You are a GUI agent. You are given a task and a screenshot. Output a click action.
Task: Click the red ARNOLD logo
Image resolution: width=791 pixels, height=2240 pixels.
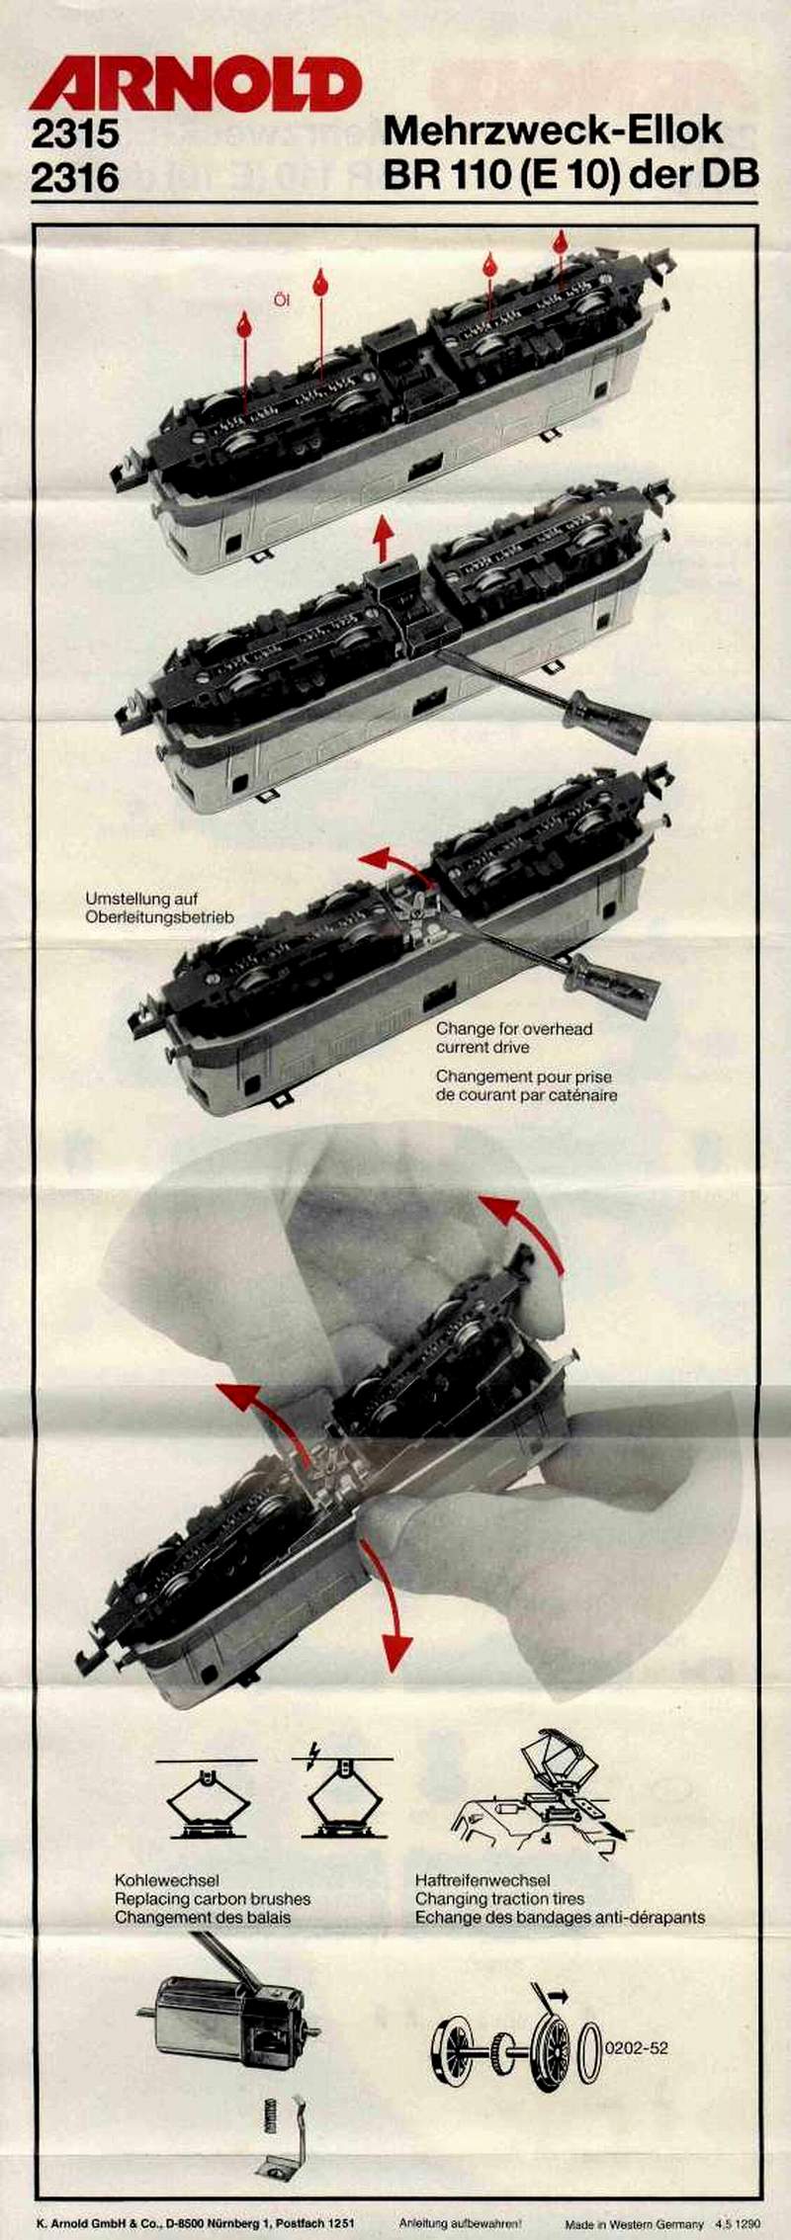[x=196, y=84]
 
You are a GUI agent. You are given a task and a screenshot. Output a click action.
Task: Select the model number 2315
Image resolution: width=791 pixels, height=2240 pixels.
[x=74, y=133]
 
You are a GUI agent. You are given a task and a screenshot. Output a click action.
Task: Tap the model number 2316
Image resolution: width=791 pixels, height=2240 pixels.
[x=74, y=178]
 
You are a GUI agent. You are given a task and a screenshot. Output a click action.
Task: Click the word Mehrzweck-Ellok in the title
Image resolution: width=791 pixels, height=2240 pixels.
[x=553, y=130]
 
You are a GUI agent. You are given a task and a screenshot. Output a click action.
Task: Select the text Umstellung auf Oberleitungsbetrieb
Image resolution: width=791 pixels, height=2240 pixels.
[x=159, y=907]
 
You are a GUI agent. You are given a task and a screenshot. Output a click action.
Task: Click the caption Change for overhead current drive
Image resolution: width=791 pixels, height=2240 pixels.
[x=514, y=1037]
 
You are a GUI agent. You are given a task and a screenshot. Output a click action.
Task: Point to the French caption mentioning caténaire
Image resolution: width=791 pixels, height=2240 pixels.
[x=526, y=1085]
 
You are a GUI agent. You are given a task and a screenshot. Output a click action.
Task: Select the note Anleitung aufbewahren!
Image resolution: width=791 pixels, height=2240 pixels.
[x=460, y=2223]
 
